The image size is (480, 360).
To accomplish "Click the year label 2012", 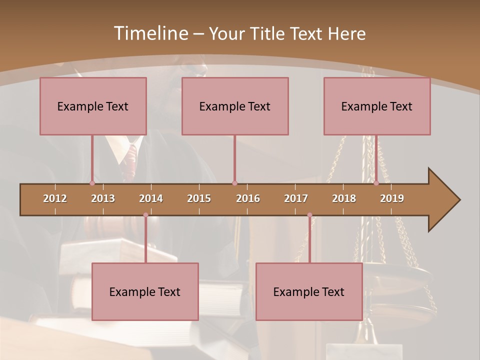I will point(55,198).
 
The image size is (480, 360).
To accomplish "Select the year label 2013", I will point(103,198).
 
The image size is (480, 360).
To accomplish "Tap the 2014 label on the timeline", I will point(151,198).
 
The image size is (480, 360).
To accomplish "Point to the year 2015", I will point(199,198).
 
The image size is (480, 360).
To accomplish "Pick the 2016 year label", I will point(248,198).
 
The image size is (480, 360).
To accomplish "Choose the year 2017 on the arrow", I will point(296,198).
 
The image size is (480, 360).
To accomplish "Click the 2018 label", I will point(344,198).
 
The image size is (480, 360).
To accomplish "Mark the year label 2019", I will point(392,198).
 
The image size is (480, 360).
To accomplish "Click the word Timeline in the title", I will point(150,33).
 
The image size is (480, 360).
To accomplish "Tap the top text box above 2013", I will point(93,106).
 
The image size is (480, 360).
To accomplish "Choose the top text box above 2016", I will point(235,106).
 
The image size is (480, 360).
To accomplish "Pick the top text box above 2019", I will point(377,106).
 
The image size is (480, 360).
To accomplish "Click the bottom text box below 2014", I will point(145,291).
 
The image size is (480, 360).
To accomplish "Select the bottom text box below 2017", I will point(309,291).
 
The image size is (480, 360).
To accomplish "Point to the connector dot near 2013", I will point(92,183).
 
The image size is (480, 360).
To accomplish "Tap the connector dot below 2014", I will point(145,215).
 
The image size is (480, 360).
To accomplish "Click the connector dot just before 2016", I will point(234,183).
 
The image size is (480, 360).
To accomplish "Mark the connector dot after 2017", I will point(309,215).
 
